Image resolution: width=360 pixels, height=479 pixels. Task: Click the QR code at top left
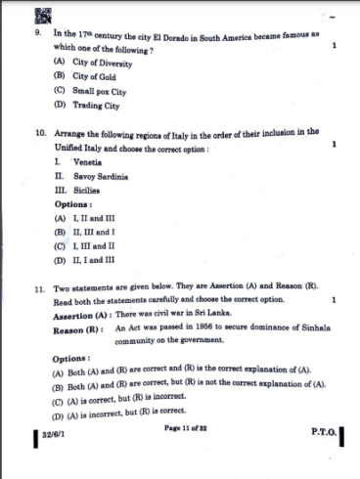(43, 13)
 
